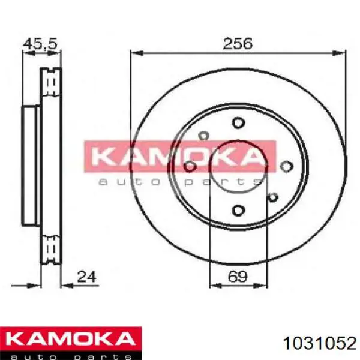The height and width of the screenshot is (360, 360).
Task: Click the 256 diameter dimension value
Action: (x=238, y=43)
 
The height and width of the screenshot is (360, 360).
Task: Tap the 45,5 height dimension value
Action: (x=40, y=44)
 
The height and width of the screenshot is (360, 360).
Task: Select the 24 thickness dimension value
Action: (x=86, y=277)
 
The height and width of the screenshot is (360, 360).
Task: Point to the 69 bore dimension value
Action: (x=238, y=277)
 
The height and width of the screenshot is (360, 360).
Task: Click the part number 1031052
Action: (x=320, y=344)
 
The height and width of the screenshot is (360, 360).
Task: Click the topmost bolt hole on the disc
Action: (x=238, y=122)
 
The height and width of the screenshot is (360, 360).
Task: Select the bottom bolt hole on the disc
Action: (x=238, y=210)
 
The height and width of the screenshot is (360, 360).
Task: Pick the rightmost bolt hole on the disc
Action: (x=287, y=166)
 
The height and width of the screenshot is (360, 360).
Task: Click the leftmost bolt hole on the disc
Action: (x=190, y=166)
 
